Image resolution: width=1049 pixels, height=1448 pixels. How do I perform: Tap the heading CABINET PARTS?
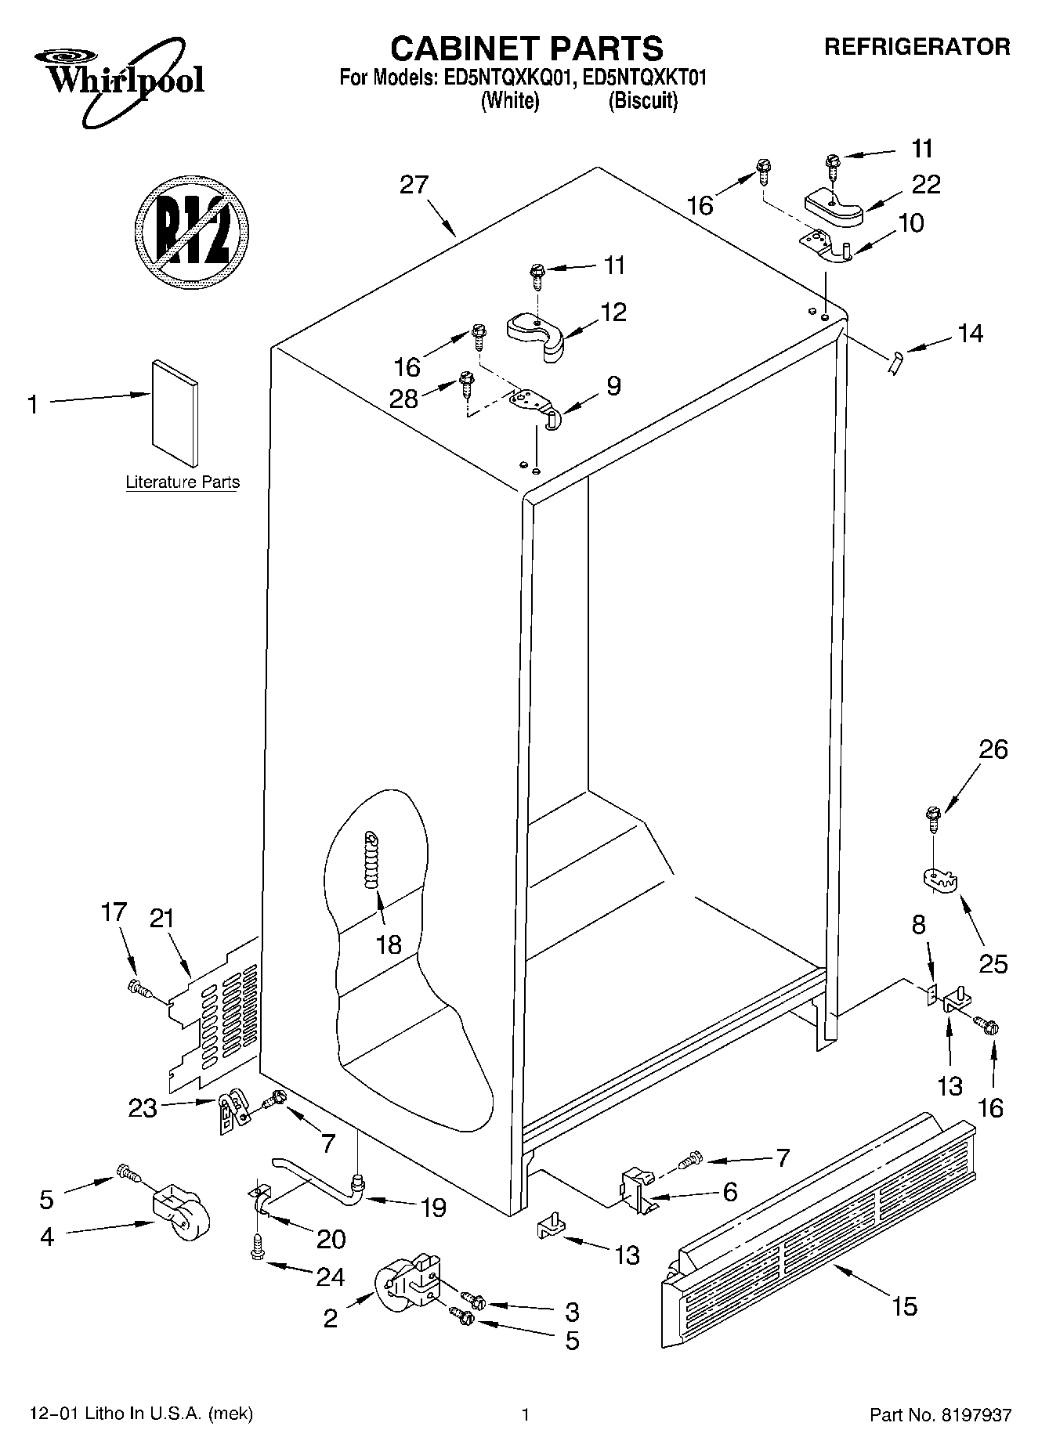point(526,49)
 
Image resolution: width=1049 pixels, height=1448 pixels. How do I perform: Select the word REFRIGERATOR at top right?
point(916,47)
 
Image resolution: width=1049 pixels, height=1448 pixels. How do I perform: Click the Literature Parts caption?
point(183,482)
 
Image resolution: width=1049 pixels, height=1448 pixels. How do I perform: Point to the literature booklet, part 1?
point(175,413)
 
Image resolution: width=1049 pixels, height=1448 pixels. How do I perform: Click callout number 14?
point(969,334)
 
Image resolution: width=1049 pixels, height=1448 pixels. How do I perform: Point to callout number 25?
point(993,963)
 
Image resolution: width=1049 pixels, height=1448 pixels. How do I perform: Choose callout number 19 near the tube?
point(432,1208)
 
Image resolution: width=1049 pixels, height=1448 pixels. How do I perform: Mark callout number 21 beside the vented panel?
point(161,918)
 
